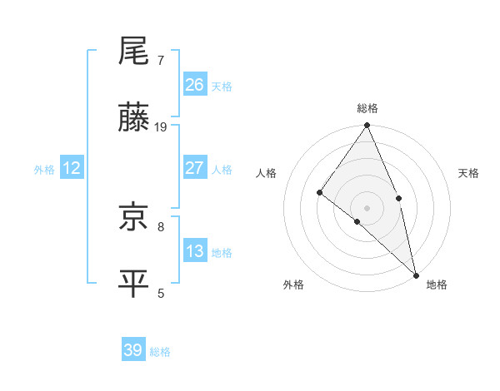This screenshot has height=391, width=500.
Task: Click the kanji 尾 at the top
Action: [x=133, y=52]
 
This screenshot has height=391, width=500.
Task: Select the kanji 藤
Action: [x=133, y=119]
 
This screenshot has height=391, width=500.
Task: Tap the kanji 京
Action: [x=133, y=218]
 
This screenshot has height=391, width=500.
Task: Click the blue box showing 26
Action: [x=195, y=85]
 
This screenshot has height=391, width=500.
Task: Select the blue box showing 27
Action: [x=195, y=168]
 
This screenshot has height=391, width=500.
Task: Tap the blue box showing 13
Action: [x=195, y=251]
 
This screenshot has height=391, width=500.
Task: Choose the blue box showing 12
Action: [x=72, y=168]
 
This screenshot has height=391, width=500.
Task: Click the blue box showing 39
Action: [x=133, y=350]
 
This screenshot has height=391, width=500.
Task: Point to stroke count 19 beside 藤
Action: [x=162, y=127]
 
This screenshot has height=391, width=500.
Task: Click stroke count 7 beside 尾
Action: [x=161, y=61]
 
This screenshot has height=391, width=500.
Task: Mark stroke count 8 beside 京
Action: [x=161, y=226]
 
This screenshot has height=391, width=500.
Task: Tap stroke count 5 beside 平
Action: [x=161, y=293]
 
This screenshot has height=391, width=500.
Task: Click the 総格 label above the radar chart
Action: [x=367, y=108]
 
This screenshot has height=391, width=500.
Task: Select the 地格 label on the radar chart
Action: [x=437, y=285]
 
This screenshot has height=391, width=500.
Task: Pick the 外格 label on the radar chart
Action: [x=293, y=285]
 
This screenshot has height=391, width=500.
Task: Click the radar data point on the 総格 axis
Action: [x=367, y=126]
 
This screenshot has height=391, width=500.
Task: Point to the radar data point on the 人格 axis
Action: [x=319, y=192]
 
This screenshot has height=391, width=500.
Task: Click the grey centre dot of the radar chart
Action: [x=367, y=207]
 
